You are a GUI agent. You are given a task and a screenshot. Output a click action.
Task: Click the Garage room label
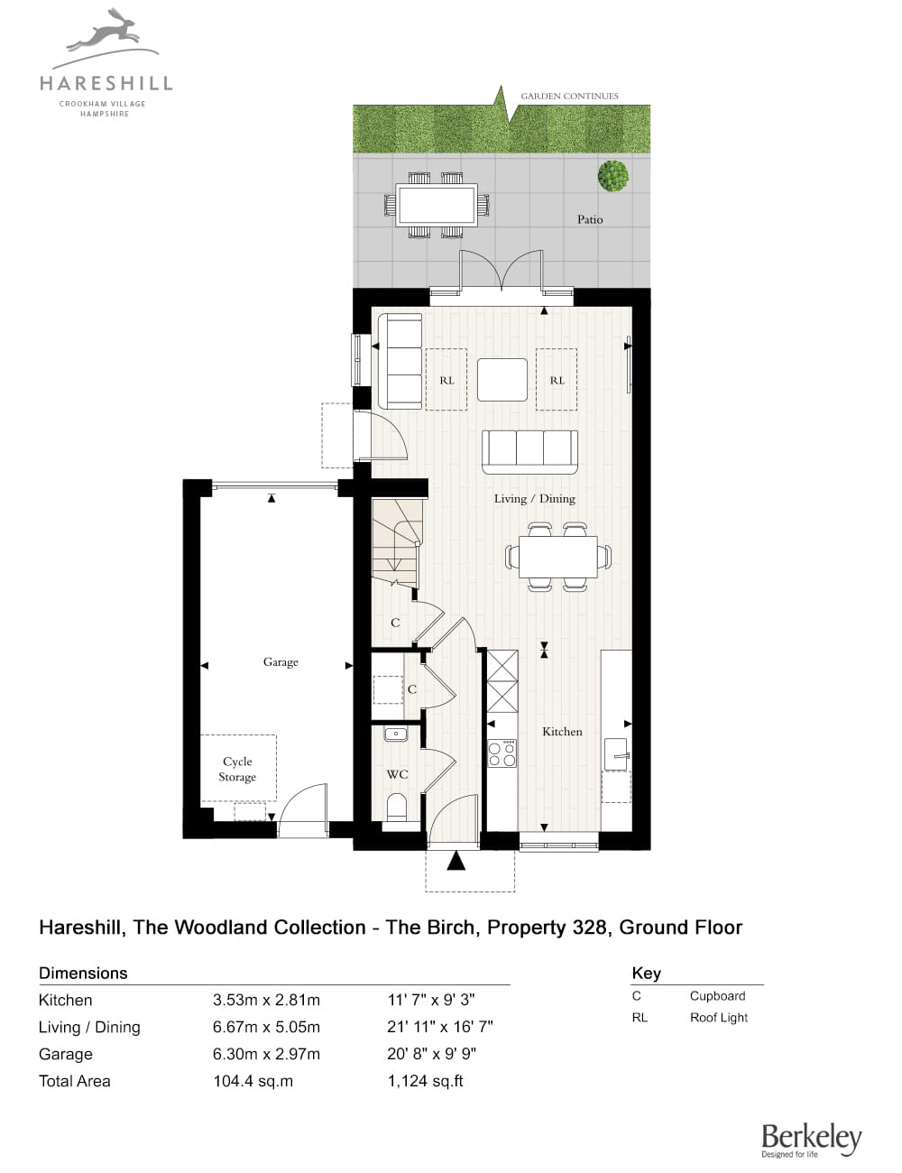pyautogui.click(x=281, y=661)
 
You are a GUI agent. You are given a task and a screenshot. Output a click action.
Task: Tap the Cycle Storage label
pyautogui.click(x=237, y=769)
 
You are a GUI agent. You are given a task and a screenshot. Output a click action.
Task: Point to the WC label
pyautogui.click(x=397, y=774)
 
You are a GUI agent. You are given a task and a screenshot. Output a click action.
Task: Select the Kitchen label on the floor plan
pyautogui.click(x=562, y=732)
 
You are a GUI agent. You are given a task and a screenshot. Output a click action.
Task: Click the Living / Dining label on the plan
pyautogui.click(x=535, y=498)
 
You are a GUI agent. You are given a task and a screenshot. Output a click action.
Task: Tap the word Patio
pyautogui.click(x=590, y=219)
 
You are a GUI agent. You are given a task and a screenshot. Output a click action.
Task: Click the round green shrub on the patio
pyautogui.click(x=613, y=175)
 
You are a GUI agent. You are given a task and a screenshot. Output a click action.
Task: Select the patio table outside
pyautogui.click(x=437, y=205)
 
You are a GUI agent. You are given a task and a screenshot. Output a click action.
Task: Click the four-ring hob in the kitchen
pyautogui.click(x=502, y=753)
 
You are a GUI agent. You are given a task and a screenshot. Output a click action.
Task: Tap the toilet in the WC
pyautogui.click(x=397, y=808)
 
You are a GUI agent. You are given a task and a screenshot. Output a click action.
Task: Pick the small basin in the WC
pyautogui.click(x=396, y=734)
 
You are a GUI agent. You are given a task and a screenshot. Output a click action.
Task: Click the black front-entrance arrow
pyautogui.click(x=456, y=861)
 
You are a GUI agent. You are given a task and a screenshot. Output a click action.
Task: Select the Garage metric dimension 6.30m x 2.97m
pyautogui.click(x=266, y=1054)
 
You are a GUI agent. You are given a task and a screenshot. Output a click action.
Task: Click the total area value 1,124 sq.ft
pyautogui.click(x=426, y=1081)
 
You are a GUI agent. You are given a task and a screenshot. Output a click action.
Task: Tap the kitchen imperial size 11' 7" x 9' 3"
pyautogui.click(x=431, y=1000)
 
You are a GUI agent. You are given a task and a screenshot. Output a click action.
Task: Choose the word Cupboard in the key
pyautogui.click(x=717, y=996)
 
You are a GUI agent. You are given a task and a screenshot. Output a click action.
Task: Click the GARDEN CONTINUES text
pyautogui.click(x=570, y=96)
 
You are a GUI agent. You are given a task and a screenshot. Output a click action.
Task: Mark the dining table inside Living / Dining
pyautogui.click(x=558, y=557)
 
